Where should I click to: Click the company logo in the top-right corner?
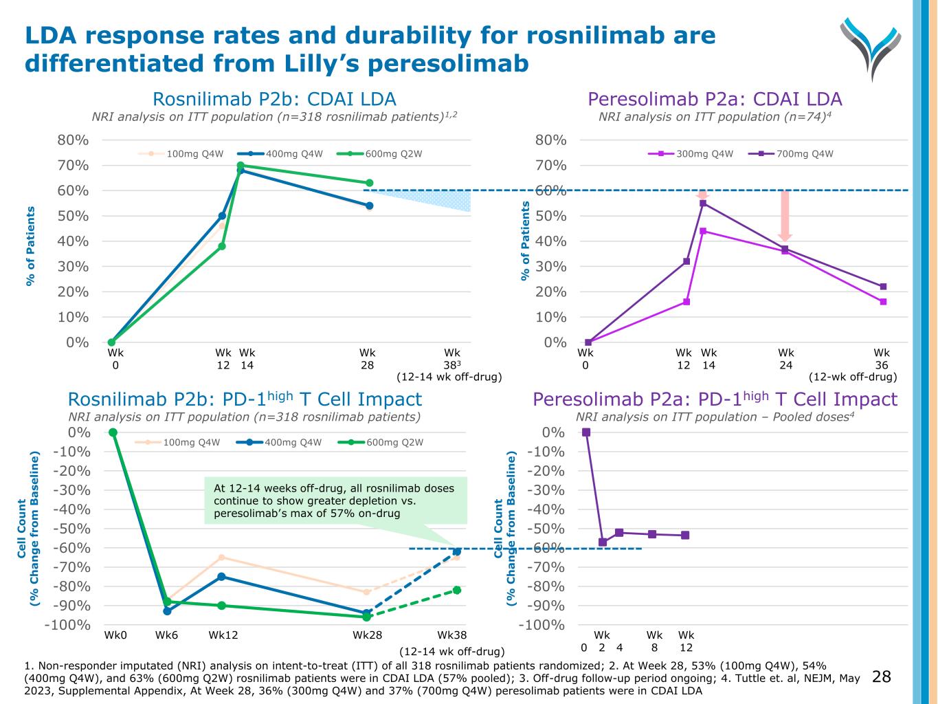click(870, 47)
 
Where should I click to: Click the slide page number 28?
click(881, 677)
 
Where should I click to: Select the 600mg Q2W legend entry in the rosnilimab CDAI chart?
click(393, 154)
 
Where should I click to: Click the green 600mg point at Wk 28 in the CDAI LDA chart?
click(370, 183)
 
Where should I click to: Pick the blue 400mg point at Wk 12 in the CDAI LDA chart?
click(222, 216)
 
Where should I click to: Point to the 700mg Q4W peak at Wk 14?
click(703, 203)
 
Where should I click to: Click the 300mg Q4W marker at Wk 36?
click(883, 302)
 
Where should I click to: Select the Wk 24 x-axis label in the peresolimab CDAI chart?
click(785, 359)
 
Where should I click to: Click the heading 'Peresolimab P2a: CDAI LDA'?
click(715, 99)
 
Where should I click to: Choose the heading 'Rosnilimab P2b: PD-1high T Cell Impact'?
click(245, 399)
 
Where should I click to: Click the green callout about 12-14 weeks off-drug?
click(335, 500)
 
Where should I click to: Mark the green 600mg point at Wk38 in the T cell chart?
click(457, 590)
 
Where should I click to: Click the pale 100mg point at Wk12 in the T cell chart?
click(222, 557)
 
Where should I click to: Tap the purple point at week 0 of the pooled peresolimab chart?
click(586, 432)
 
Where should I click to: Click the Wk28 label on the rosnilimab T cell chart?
click(367, 635)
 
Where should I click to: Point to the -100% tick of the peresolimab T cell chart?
click(544, 625)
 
